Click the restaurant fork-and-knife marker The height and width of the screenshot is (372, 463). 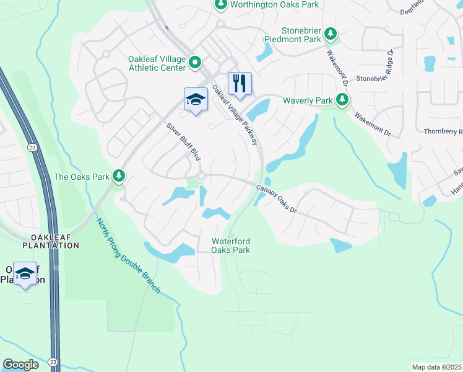point(240,83)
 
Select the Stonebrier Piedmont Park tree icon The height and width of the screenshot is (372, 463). point(331,33)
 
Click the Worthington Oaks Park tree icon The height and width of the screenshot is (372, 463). point(220,4)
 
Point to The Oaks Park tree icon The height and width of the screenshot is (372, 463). point(119,177)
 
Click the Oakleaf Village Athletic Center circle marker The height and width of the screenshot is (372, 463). point(195,63)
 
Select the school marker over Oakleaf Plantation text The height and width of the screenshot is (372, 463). point(25,273)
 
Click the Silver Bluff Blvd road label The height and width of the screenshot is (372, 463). point(184,142)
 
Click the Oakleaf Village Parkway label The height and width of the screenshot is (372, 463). point(235,115)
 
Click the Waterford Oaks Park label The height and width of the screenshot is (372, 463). point(231,246)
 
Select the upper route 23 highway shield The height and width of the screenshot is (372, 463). point(32,147)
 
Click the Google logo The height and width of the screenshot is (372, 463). point(21,365)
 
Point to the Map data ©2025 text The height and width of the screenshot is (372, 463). point(436,367)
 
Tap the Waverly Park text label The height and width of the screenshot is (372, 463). point(308,100)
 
